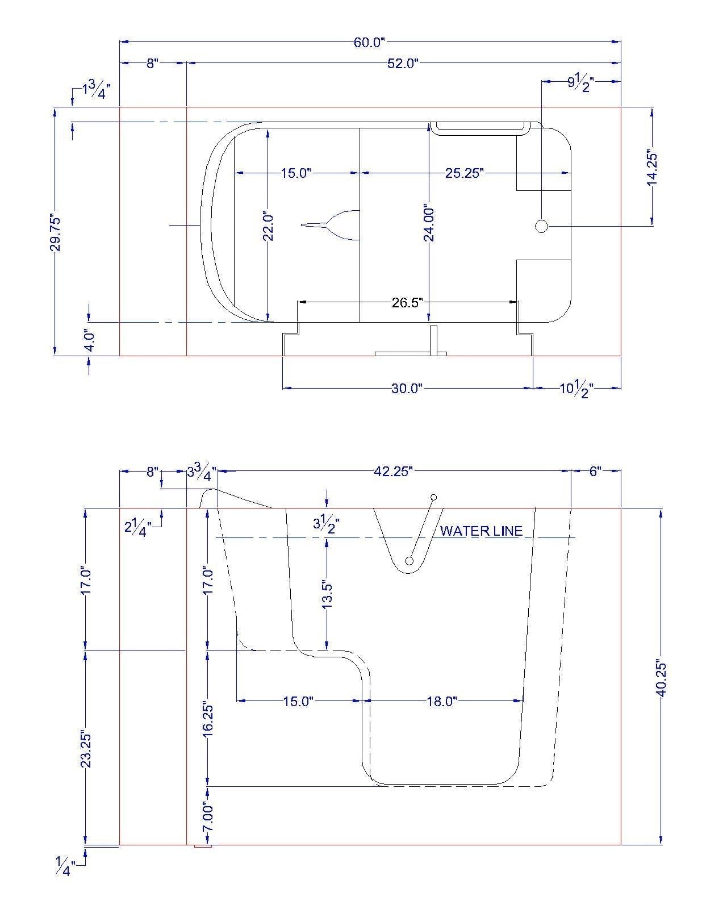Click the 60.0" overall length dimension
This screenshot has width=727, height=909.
[370, 43]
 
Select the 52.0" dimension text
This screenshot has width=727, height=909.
[403, 64]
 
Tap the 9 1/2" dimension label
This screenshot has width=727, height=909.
[580, 83]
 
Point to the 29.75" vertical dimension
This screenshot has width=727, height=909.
[55, 234]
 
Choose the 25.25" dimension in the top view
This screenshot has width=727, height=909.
[464, 173]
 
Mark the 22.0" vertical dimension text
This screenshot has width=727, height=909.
[268, 227]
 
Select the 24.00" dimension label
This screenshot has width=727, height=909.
[429, 224]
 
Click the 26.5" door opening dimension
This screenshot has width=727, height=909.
[407, 302]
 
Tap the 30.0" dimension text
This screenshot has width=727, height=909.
[407, 388]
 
